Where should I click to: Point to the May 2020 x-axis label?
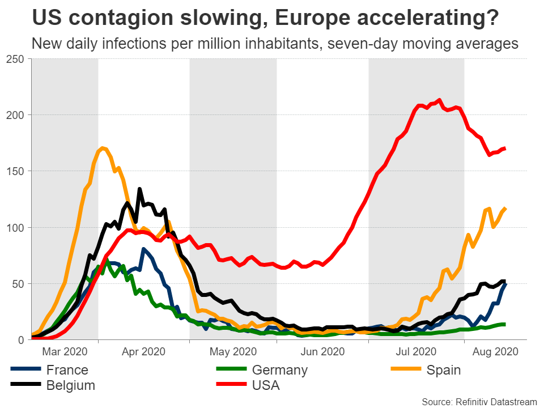(x=232, y=351)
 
